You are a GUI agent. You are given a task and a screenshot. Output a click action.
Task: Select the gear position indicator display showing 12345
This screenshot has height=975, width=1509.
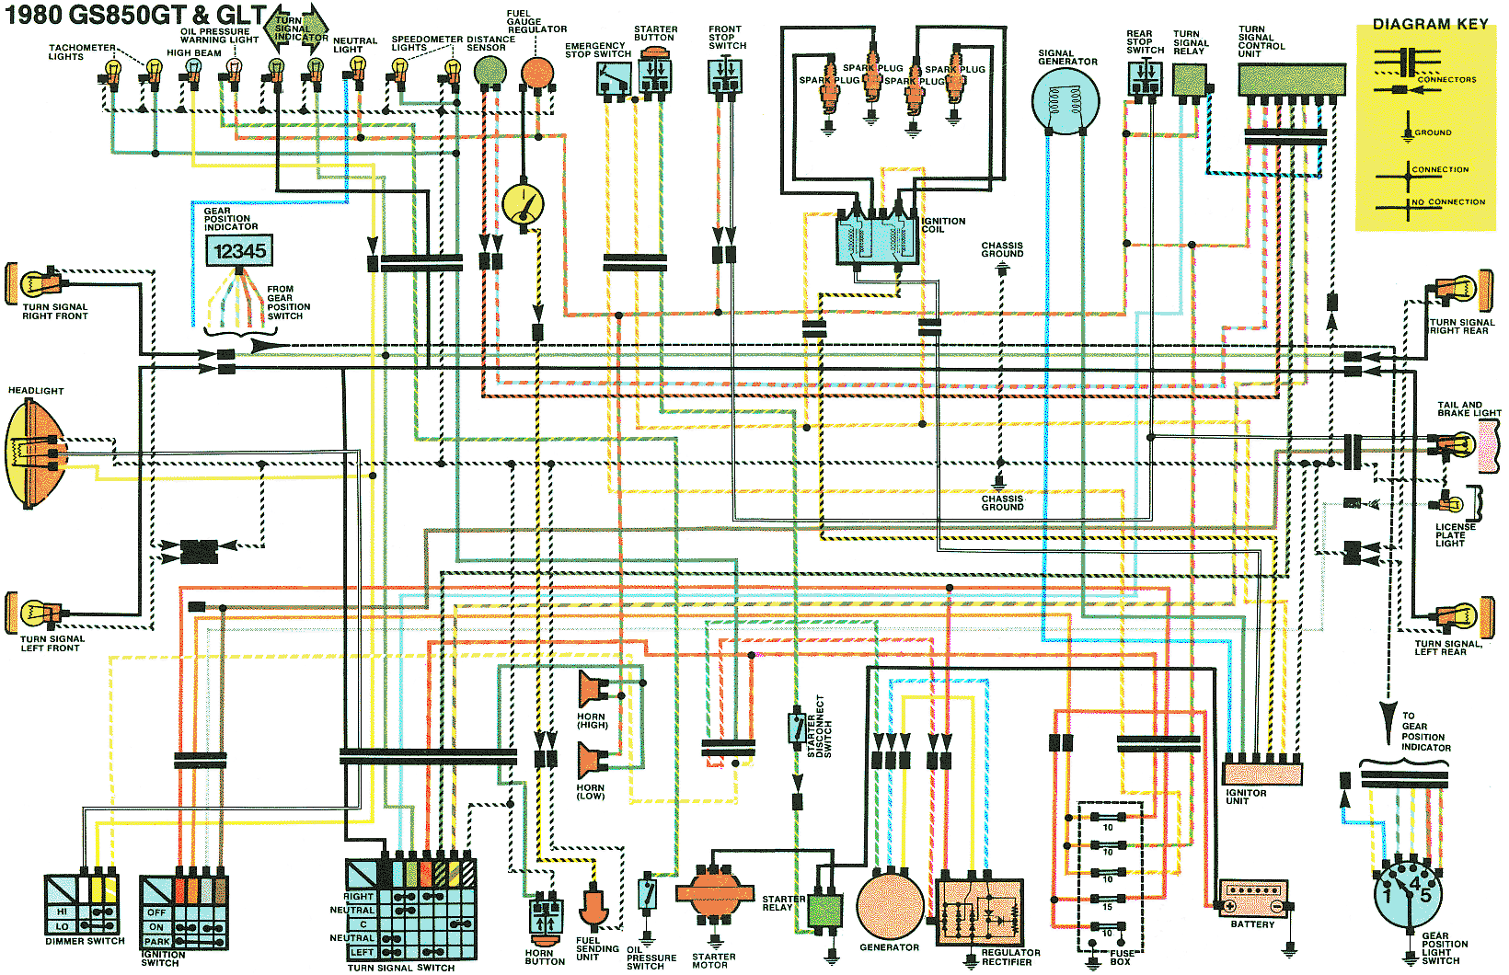(x=239, y=250)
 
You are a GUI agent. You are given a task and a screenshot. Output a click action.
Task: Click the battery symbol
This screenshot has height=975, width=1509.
(x=1253, y=899)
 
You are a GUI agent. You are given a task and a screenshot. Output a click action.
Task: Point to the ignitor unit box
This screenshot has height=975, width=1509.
(x=1262, y=773)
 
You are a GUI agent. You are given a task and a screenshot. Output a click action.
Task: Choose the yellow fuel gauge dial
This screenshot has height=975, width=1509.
(x=523, y=204)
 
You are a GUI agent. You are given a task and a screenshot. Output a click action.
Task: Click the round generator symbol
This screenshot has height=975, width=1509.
(x=890, y=906)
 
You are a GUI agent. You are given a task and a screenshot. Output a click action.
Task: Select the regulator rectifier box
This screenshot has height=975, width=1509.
(x=980, y=912)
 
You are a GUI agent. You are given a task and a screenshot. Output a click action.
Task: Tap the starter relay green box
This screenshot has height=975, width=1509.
(x=825, y=911)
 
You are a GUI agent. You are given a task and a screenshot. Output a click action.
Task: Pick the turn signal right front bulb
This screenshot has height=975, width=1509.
(x=41, y=284)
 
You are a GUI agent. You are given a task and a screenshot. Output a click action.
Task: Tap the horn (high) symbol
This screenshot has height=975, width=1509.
(x=593, y=689)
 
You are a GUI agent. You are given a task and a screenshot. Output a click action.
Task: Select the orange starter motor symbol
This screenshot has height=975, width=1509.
(x=715, y=893)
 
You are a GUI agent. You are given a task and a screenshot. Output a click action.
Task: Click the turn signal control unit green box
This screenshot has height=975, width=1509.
(x=1292, y=79)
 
